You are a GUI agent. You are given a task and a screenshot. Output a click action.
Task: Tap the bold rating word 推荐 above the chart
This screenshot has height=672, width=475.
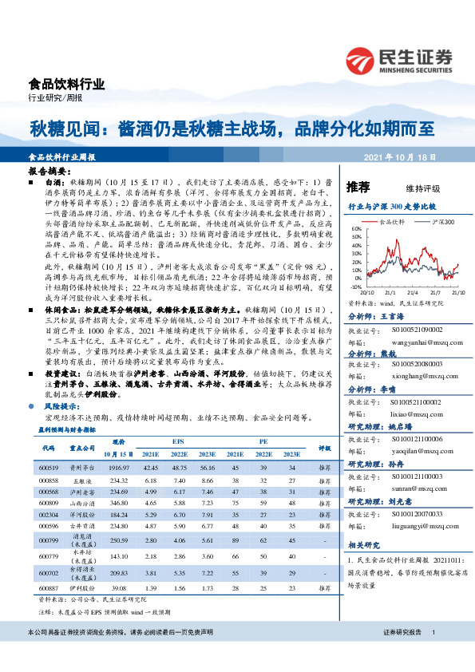(358, 188)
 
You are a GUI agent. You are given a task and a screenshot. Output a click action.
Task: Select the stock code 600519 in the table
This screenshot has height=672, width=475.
(49, 466)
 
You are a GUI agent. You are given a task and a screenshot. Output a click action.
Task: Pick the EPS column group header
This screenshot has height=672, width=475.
(177, 440)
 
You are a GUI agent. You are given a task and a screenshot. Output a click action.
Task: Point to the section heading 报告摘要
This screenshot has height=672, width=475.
(44, 172)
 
